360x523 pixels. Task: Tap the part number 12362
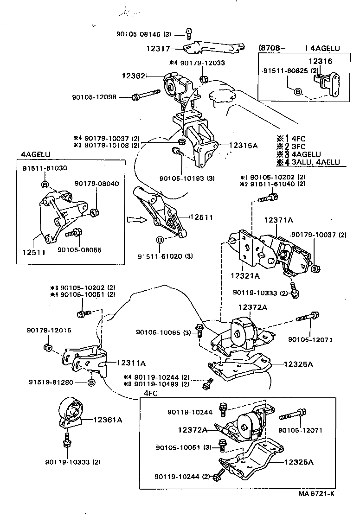point(134,76)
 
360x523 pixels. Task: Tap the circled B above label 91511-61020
point(160,240)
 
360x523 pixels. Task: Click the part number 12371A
point(281,221)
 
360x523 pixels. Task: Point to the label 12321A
point(244,275)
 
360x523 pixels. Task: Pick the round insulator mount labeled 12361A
point(71,412)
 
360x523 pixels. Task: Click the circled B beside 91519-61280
point(91,383)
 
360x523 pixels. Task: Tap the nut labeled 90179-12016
point(47,347)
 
